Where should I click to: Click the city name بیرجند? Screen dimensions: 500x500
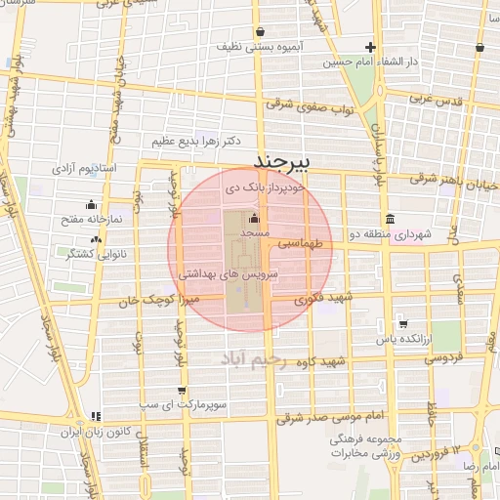point(281,158)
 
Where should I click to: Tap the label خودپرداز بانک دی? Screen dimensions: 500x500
point(265,184)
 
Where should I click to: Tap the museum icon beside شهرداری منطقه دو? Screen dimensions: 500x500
point(391,217)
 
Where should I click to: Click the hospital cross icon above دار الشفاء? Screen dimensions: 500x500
point(370,47)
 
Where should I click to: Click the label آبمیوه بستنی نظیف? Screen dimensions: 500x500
point(289,46)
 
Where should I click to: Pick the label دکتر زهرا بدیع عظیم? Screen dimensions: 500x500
point(191,142)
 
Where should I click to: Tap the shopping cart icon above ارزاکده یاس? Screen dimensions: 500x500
point(402,323)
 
